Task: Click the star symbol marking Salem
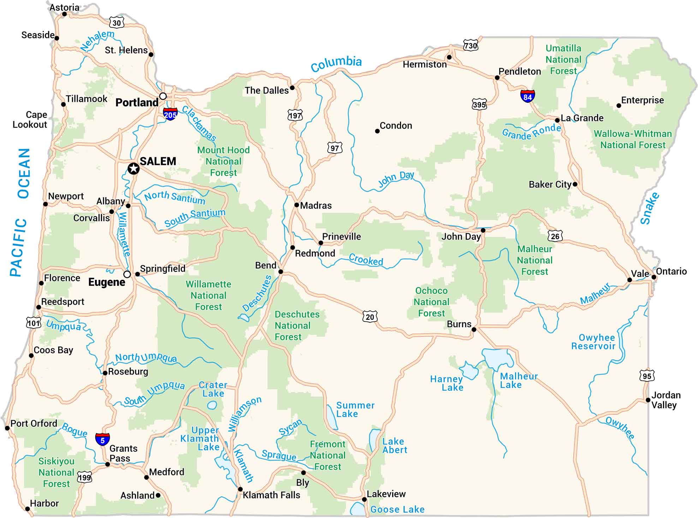pyautogui.click(x=133, y=169)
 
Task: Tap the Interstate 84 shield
pyautogui.click(x=527, y=96)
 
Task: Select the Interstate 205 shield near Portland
pyautogui.click(x=170, y=114)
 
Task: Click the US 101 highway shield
pyautogui.click(x=34, y=323)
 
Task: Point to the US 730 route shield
pyautogui.click(x=470, y=46)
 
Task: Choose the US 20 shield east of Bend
pyautogui.click(x=370, y=317)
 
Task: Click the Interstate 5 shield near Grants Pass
pyautogui.click(x=102, y=440)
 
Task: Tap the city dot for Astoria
pyautogui.click(x=64, y=14)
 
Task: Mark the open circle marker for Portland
pyautogui.click(x=163, y=96)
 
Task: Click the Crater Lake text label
pyautogui.click(x=213, y=389)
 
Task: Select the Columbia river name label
pyautogui.click(x=336, y=64)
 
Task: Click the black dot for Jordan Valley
pyautogui.click(x=648, y=400)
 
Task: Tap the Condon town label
pyautogui.click(x=396, y=125)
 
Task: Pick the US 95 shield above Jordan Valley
pyautogui.click(x=646, y=376)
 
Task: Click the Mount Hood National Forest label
pyautogui.click(x=223, y=161)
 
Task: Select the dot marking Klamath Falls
pyautogui.click(x=240, y=489)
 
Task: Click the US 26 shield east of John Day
pyautogui.click(x=555, y=236)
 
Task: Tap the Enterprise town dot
pyautogui.click(x=619, y=105)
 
